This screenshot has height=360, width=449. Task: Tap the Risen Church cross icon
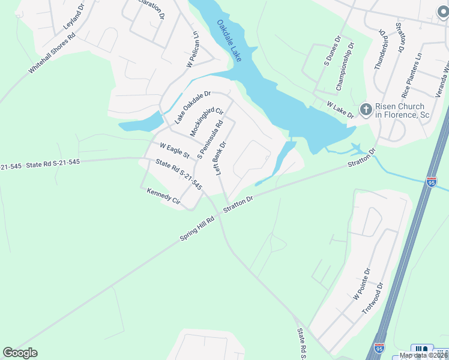point(365,109)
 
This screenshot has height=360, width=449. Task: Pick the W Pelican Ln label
point(192,49)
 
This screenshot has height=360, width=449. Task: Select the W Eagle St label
point(174,150)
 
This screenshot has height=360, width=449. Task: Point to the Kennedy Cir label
point(163,196)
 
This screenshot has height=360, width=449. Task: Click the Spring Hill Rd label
point(197,229)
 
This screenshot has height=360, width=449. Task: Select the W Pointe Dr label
point(364,284)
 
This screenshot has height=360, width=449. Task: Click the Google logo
point(20,353)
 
